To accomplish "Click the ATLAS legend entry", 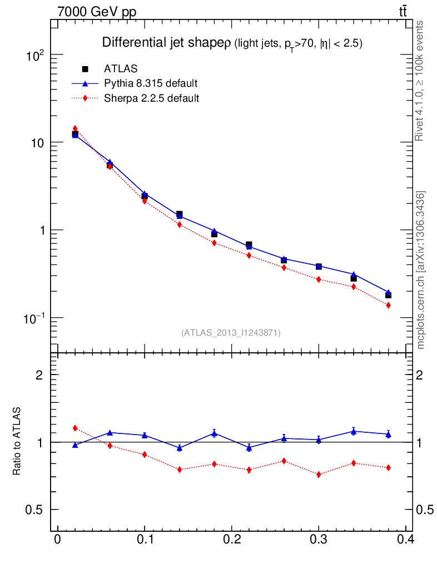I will tap(120, 69).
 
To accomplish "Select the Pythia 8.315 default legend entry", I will tap(151, 84).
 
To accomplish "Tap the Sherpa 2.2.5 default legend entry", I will tap(151, 99).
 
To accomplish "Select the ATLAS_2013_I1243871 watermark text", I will tap(231, 333).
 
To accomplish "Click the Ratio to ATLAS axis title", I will tap(17, 442).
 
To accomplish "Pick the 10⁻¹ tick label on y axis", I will tap(34, 318).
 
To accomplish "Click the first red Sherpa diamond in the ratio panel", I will tap(75, 428).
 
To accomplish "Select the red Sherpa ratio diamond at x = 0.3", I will tap(319, 475).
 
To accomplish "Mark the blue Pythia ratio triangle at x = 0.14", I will tap(180, 447).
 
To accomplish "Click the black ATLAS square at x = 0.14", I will tap(180, 214).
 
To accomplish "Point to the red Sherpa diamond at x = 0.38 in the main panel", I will tap(388, 306).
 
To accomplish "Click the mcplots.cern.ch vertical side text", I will tap(421, 270).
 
